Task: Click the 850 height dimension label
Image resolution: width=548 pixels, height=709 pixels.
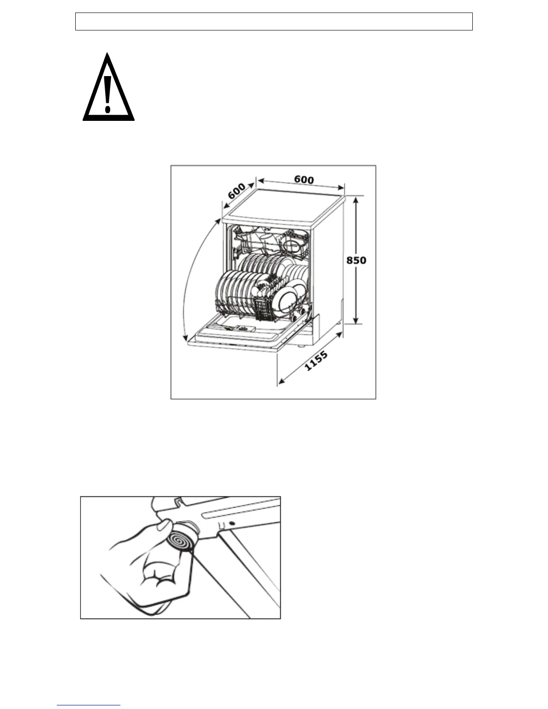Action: pyautogui.click(x=356, y=260)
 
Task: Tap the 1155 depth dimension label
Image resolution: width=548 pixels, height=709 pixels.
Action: pyautogui.click(x=316, y=361)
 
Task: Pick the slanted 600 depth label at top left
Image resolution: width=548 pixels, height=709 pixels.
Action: pyautogui.click(x=236, y=191)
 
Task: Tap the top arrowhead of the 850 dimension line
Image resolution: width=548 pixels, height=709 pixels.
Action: pyautogui.click(x=356, y=200)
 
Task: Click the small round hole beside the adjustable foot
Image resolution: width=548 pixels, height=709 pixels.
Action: pyautogui.click(x=232, y=523)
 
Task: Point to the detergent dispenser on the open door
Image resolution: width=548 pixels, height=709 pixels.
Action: pyautogui.click(x=240, y=329)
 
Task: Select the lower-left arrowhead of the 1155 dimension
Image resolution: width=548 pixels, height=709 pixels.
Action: pyautogui.click(x=281, y=382)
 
